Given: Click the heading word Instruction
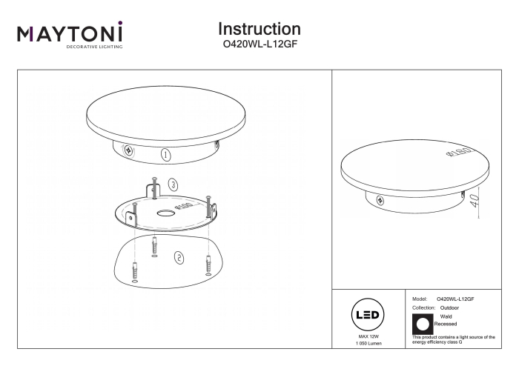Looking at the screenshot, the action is pyautogui.click(x=259, y=29).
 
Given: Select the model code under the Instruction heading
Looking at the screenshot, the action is pyautogui.click(x=259, y=44).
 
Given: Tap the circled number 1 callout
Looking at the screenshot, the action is pyautogui.click(x=166, y=155).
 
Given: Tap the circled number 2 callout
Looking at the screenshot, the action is pyautogui.click(x=179, y=258).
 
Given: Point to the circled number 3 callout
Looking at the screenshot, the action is pyautogui.click(x=173, y=184).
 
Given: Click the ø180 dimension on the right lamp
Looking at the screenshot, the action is pyautogui.click(x=459, y=153).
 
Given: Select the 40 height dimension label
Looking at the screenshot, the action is pyautogui.click(x=474, y=201).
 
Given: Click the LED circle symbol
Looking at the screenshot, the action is pyautogui.click(x=368, y=315).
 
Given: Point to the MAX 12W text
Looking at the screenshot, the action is pyautogui.click(x=368, y=336).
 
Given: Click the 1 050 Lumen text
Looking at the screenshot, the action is pyautogui.click(x=368, y=344).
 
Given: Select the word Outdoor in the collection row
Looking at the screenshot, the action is pyautogui.click(x=449, y=307).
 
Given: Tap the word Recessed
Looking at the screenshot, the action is pyautogui.click(x=445, y=324).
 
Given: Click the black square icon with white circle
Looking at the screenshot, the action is pyautogui.click(x=423, y=324).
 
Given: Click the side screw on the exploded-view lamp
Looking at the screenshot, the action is pyautogui.click(x=128, y=150).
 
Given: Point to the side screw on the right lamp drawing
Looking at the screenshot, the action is pyautogui.click(x=380, y=200).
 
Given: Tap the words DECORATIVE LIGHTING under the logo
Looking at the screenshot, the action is pyautogui.click(x=94, y=47).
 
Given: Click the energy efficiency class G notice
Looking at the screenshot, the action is pyautogui.click(x=454, y=339).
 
